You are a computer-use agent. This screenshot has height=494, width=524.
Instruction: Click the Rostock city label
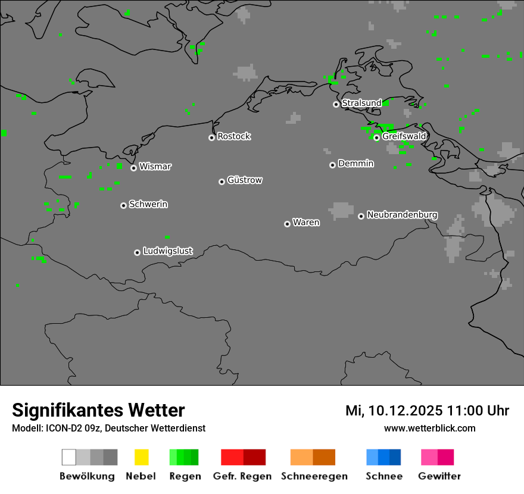pos(234,136)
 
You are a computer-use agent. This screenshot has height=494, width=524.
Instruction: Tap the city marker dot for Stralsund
pos(336,104)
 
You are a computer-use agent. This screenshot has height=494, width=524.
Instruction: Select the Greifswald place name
pos(404,136)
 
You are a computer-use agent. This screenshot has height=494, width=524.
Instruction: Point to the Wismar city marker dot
pos(133,168)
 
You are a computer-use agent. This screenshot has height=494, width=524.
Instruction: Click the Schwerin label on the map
pos(148,204)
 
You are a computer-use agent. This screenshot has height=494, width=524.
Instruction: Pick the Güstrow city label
pos(245,180)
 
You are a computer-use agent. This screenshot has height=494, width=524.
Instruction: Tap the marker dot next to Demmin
pos(332,165)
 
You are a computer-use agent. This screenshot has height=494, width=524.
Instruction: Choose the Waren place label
pos(306,223)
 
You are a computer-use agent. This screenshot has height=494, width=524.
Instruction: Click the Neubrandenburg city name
pos(403,214)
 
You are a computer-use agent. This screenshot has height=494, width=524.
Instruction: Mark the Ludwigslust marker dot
pos(137,252)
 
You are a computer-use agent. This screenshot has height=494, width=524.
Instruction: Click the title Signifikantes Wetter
pos(98,410)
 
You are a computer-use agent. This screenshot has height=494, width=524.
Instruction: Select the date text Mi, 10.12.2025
pos(394,411)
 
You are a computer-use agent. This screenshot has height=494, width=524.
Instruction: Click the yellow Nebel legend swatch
pos(141,457)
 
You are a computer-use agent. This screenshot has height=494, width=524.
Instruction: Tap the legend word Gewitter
pos(439,476)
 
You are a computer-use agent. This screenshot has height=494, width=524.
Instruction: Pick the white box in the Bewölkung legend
pos(69,457)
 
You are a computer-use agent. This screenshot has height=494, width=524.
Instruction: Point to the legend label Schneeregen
pos(314,476)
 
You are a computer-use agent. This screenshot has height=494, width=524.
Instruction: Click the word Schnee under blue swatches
pos(384,476)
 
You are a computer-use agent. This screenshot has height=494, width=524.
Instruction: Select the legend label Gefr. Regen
pos(242,476)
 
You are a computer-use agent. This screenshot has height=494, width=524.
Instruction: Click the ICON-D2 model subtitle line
pos(108,428)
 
